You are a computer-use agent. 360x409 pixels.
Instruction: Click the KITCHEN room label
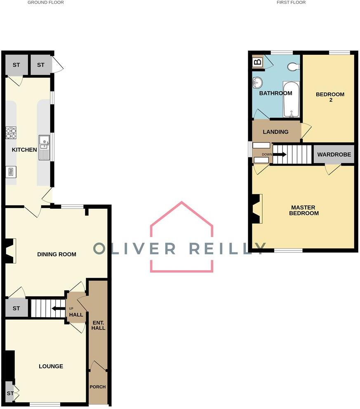pos(24,150)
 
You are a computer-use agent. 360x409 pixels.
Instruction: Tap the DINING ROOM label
pos(56,255)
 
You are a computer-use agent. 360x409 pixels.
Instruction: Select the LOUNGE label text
pos(51,366)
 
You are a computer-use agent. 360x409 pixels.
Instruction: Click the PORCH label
pos(98,387)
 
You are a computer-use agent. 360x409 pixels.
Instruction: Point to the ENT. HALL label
pos(98,325)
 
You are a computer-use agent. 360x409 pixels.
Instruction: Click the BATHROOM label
pos(275,93)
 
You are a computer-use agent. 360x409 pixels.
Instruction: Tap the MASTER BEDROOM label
pos(304,210)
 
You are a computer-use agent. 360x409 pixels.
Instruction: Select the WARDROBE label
pos(334,155)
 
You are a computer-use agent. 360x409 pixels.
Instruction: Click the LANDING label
pos(275,132)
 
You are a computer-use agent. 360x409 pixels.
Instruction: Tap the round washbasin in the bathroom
pos(257,83)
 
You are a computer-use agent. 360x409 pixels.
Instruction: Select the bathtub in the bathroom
pos(291,100)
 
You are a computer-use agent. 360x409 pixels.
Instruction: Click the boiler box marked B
pos(258,63)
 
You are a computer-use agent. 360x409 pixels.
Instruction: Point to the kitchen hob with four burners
pos(11,133)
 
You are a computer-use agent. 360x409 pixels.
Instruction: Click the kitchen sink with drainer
pos(44,147)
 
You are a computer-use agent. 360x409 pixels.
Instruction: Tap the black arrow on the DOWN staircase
pos(280,154)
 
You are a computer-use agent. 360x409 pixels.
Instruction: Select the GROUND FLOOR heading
pos(45,2)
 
